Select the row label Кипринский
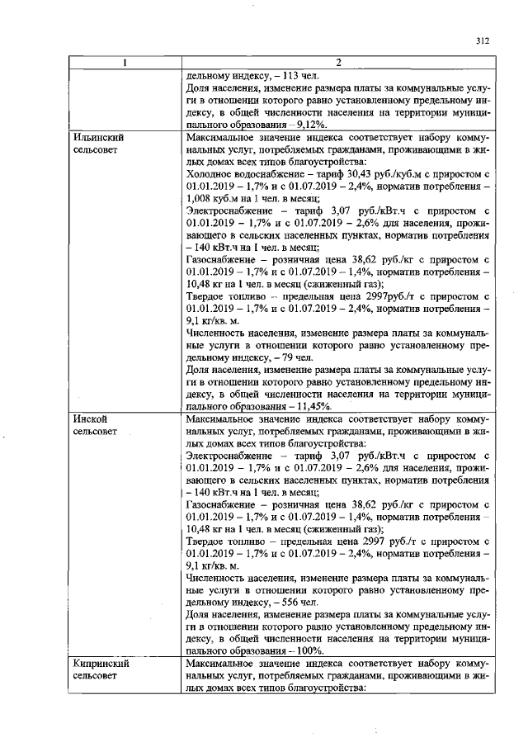click(x=102, y=662)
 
